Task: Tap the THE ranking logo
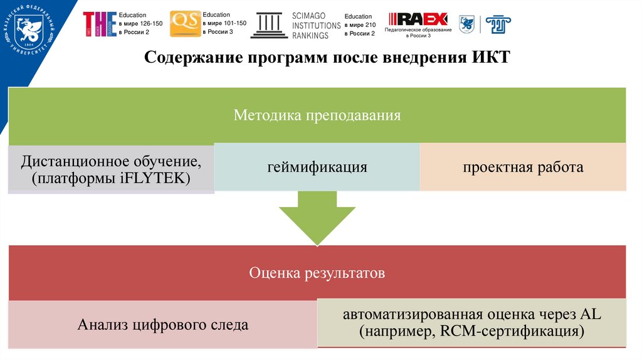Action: click(x=100, y=24)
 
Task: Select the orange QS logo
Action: click(x=185, y=24)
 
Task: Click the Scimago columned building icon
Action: click(x=270, y=24)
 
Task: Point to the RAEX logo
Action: click(x=418, y=19)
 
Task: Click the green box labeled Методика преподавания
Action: click(x=317, y=115)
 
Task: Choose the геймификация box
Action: click(x=317, y=167)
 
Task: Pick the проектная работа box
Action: click(x=523, y=167)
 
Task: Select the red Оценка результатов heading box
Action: click(x=317, y=273)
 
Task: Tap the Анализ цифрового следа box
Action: click(x=163, y=325)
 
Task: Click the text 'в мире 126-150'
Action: click(x=140, y=24)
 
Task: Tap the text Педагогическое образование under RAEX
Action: click(x=418, y=30)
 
